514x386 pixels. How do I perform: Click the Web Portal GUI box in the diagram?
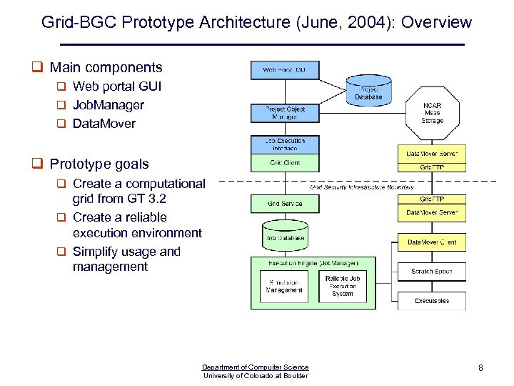(x=284, y=70)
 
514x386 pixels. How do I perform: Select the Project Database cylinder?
(x=368, y=90)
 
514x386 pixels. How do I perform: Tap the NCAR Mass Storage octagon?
(x=432, y=113)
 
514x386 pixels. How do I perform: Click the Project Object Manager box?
(x=284, y=113)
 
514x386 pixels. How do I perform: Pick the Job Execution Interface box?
(x=284, y=144)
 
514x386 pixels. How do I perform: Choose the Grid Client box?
(x=284, y=163)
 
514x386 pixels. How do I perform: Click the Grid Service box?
(x=284, y=204)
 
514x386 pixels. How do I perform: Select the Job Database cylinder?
(x=285, y=237)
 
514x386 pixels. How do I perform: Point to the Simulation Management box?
(x=284, y=286)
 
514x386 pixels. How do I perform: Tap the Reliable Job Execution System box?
(x=342, y=286)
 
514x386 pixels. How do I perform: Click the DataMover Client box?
(x=432, y=242)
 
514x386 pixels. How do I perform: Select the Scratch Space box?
(x=432, y=272)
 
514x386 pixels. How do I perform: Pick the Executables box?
(x=432, y=301)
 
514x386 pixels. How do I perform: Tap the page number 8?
(x=480, y=368)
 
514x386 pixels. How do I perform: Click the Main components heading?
(x=106, y=68)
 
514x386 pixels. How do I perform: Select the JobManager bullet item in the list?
(x=108, y=105)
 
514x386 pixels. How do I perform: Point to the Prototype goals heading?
(x=99, y=164)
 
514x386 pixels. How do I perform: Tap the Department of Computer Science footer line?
(x=256, y=367)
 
